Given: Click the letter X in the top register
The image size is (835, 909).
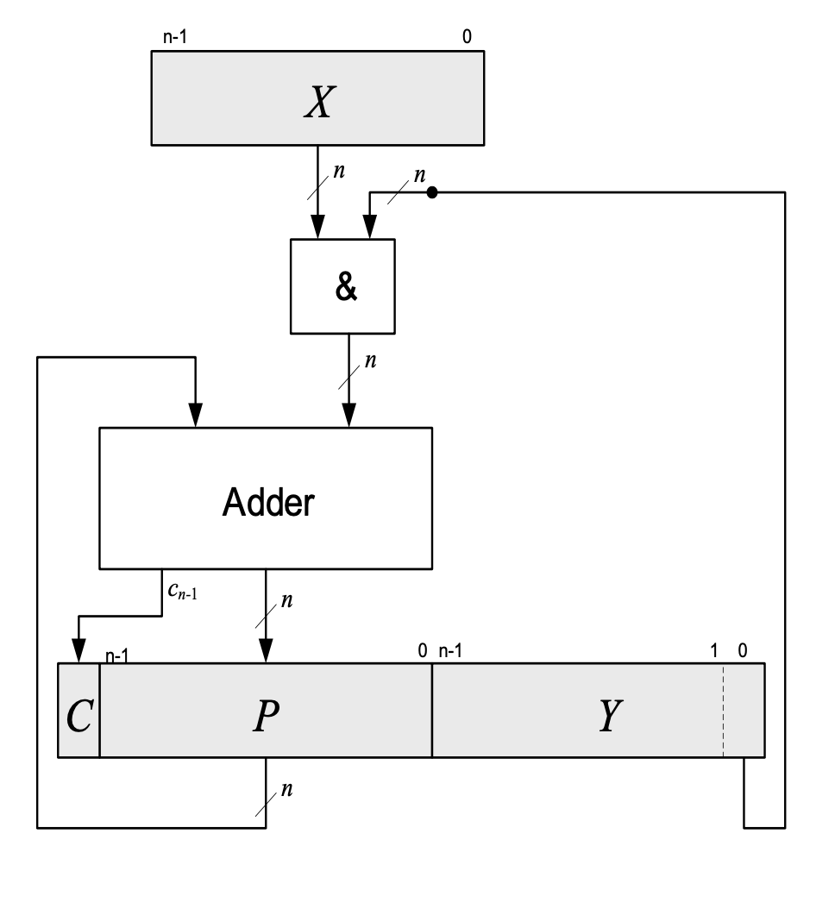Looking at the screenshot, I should pyautogui.click(x=317, y=103).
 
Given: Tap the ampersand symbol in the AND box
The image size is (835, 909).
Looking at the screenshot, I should pyautogui.click(x=342, y=287).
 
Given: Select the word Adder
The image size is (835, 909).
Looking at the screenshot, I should pyautogui.click(x=268, y=503).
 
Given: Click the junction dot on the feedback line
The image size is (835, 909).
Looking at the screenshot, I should pyautogui.click(x=433, y=192).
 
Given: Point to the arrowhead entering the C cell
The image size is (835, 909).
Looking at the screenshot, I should pyautogui.click(x=78, y=654).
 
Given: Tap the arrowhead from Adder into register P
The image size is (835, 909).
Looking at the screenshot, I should pyautogui.click(x=266, y=654).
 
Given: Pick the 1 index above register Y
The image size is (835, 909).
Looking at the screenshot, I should pyautogui.click(x=714, y=650).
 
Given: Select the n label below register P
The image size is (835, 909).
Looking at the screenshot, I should pyautogui.click(x=286, y=789).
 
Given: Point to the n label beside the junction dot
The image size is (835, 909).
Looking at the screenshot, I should pyautogui.click(x=420, y=174).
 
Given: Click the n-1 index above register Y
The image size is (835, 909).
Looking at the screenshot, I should pyautogui.click(x=451, y=650).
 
